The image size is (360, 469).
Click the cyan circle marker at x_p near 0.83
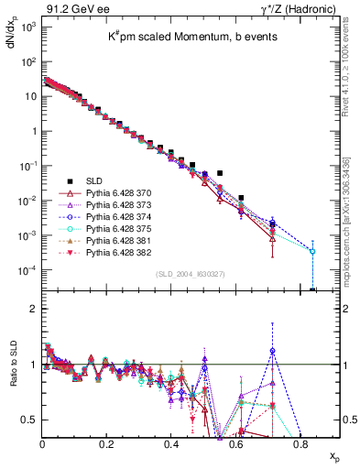click(312, 251)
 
